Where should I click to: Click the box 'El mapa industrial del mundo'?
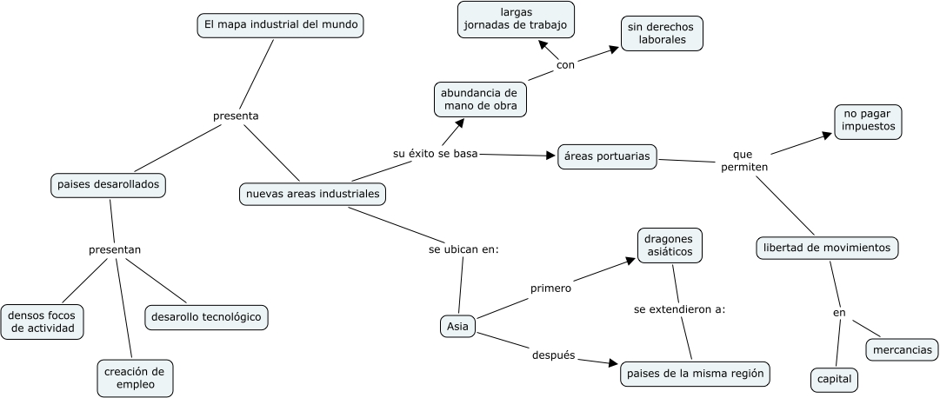tap(280, 26)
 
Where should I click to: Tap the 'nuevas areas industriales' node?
tap(313, 194)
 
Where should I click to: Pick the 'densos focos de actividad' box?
tap(43, 322)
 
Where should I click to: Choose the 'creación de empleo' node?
tap(135, 377)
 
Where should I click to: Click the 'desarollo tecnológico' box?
tap(206, 317)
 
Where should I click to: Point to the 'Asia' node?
tap(457, 327)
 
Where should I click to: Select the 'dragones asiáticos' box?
tap(670, 244)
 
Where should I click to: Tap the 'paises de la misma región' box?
tap(696, 374)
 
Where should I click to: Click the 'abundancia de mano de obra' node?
tap(479, 99)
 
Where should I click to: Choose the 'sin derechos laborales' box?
tap(662, 33)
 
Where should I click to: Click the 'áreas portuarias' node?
tap(607, 156)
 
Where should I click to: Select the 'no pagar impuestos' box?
tap(868, 122)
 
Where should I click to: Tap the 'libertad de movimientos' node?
tap(826, 248)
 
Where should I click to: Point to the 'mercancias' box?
tap(902, 350)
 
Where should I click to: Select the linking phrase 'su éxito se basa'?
tap(436, 154)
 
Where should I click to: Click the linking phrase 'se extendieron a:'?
tap(679, 309)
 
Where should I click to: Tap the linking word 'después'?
tap(553, 355)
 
